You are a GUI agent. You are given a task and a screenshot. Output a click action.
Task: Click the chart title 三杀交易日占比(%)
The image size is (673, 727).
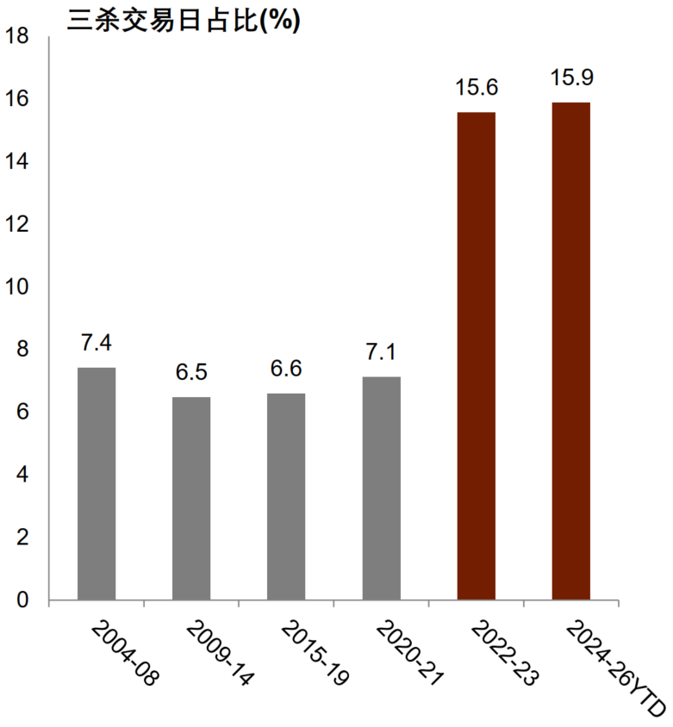(x=184, y=20)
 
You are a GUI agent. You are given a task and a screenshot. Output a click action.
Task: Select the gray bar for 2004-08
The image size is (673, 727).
(x=97, y=484)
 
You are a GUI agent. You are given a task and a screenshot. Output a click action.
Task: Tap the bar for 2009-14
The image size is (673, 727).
(x=191, y=499)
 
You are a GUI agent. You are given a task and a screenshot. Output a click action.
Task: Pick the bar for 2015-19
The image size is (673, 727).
(x=286, y=497)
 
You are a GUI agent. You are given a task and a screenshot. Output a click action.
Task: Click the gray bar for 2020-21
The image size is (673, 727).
(x=381, y=488)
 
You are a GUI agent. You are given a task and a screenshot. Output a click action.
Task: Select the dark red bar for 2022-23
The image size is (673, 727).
(x=477, y=356)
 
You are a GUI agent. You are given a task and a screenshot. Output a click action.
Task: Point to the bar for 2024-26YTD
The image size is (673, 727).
(x=571, y=351)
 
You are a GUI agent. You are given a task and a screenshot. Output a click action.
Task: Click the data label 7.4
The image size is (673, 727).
(x=97, y=343)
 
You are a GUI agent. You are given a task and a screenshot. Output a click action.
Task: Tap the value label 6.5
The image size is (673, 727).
(x=191, y=372)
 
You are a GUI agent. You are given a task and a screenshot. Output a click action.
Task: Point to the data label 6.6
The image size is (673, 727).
(x=286, y=369)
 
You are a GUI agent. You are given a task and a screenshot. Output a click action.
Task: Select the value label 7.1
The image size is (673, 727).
(x=381, y=352)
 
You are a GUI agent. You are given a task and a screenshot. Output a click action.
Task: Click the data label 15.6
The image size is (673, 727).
(x=477, y=88)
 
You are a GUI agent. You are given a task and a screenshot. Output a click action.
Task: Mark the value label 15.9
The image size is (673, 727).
(x=571, y=78)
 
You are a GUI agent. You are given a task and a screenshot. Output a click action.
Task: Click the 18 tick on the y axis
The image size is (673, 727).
(x=16, y=36)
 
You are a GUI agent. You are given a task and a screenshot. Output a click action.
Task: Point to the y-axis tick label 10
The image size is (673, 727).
(x=16, y=287)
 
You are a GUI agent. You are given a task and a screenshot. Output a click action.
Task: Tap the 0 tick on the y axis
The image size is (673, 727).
(x=22, y=600)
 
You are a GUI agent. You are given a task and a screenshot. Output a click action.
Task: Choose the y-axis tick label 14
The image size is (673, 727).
(x=16, y=162)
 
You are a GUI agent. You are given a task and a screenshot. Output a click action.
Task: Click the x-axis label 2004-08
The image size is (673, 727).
(x=124, y=654)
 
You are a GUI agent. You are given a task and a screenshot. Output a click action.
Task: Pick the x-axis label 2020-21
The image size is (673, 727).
(x=409, y=654)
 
